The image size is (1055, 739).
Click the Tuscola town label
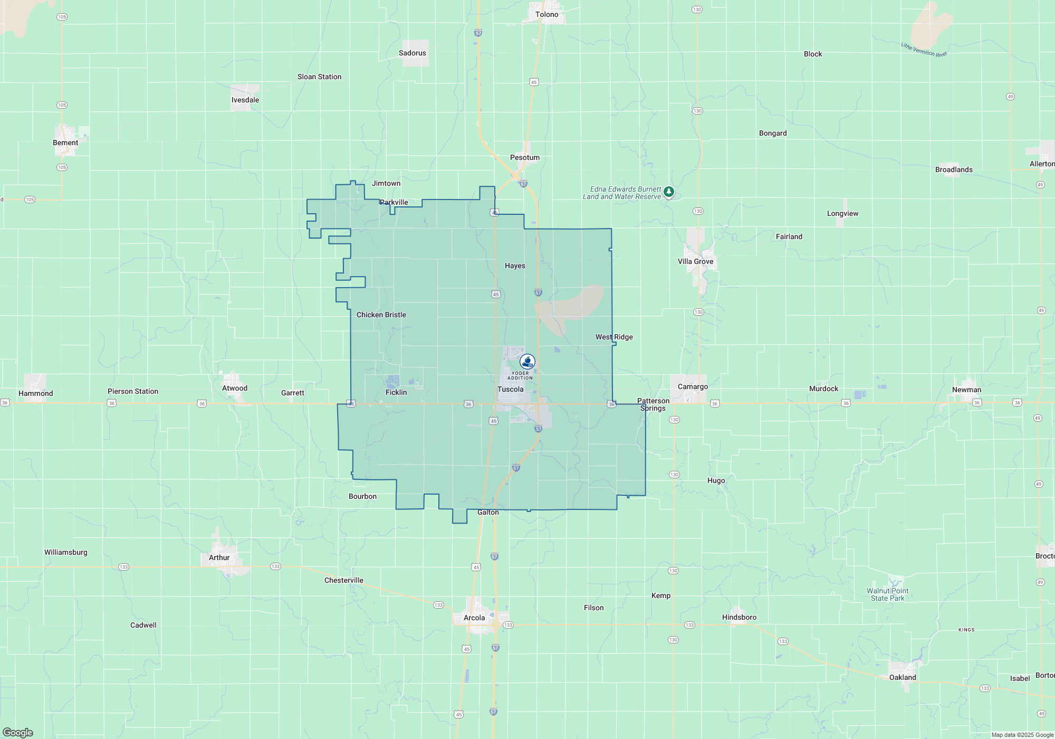point(510,390)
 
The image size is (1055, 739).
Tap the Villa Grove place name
point(695,262)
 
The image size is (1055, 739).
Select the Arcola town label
point(474,618)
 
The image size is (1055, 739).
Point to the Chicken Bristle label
point(381,315)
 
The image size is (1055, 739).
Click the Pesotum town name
point(524,158)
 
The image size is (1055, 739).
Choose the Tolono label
point(546,15)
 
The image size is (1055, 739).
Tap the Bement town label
point(65,143)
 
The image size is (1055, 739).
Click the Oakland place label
point(903,678)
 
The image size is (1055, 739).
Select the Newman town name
point(966,390)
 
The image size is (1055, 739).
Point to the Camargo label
point(693,387)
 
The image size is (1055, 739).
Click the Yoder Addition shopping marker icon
point(527,362)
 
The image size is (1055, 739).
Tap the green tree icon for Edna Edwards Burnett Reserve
point(669,192)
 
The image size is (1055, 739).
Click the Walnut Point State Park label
point(887,595)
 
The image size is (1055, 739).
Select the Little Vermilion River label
point(924,50)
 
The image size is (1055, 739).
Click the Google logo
point(18,733)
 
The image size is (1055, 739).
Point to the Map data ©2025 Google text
point(1022,735)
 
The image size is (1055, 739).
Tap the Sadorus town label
point(412,53)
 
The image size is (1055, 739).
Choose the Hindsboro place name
point(739,618)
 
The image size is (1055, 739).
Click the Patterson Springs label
point(653,405)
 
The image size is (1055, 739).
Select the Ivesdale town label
point(245,100)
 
